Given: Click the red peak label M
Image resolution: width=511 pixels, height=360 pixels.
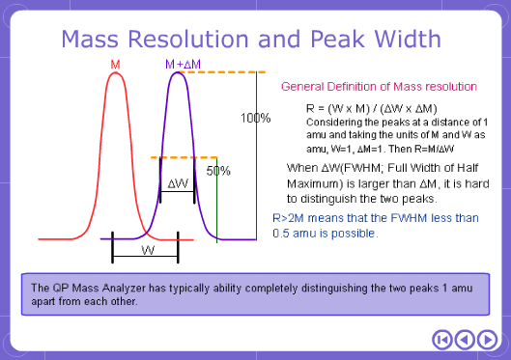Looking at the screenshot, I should tap(116, 64).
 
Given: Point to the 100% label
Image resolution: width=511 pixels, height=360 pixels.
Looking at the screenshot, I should tap(256, 118).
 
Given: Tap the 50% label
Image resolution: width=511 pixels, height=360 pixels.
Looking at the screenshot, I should tap(218, 171).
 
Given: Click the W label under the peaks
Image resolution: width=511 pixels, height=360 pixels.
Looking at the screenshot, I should tap(146, 249).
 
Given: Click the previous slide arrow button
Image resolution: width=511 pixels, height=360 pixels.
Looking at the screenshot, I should tap(465, 339).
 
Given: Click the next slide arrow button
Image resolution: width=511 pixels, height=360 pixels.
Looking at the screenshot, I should tap(489, 339).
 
